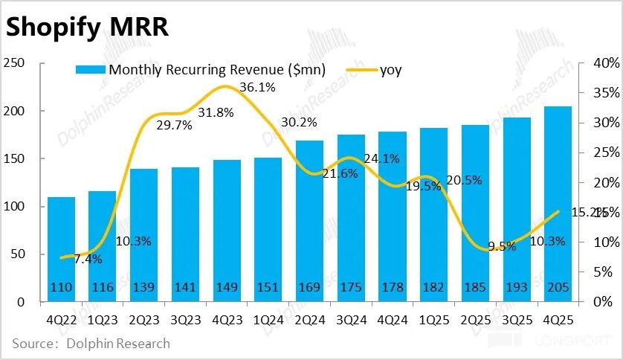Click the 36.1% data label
(258, 88)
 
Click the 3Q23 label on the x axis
(185, 320)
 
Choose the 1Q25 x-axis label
(433, 320)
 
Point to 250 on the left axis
(14, 63)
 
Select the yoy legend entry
(390, 71)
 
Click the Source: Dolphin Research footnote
(91, 344)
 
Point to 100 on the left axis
(14, 206)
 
